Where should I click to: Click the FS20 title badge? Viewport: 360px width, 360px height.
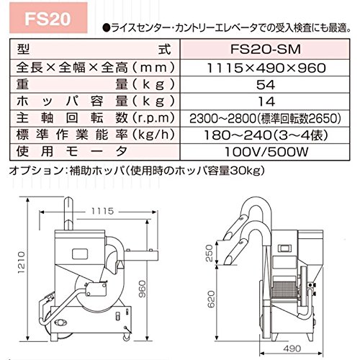point(48,18)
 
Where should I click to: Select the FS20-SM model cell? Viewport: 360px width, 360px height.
point(265,49)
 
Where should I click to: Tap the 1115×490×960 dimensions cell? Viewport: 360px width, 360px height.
point(266,68)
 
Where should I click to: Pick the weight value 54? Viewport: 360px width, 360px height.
point(266,85)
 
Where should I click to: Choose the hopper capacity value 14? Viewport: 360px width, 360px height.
point(266,102)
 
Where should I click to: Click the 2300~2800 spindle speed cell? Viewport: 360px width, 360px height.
point(265,118)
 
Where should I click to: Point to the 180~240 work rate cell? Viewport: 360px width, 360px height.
point(266,135)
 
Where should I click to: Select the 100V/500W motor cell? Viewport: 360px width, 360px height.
point(266,152)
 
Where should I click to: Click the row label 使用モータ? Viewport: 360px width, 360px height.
point(72,152)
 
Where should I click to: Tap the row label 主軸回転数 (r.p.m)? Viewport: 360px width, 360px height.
point(95,118)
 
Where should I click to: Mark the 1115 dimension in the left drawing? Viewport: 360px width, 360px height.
point(102,211)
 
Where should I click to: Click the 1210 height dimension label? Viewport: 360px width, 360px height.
point(22,262)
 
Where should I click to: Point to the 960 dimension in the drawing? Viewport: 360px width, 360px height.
point(143,289)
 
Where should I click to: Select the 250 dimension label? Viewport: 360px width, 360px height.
point(210,253)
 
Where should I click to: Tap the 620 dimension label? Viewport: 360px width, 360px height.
point(210,299)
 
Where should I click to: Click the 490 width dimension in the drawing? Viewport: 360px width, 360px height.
point(292,348)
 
